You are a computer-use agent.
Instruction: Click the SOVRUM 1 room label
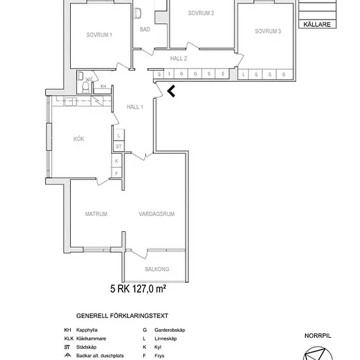tap(99, 35)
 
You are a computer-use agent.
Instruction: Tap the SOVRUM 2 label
tap(201, 13)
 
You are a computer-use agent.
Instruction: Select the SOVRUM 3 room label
tap(268, 31)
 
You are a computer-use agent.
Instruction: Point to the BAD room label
tap(145, 29)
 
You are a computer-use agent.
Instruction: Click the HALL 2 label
tap(179, 58)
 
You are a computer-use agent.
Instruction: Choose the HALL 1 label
tap(135, 107)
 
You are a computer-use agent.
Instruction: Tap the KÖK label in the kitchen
tap(79, 139)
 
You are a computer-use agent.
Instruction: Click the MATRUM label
tap(96, 214)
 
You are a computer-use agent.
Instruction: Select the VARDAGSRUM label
tap(156, 214)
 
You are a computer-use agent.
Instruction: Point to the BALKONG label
tap(157, 269)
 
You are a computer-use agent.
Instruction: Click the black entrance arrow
tap(171, 91)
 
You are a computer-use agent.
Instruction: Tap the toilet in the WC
tap(86, 88)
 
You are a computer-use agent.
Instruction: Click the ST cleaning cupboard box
tap(118, 146)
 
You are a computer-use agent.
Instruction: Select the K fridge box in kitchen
tap(117, 161)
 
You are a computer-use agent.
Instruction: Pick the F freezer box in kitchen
tap(117, 173)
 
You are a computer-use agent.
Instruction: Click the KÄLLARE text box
tap(317, 24)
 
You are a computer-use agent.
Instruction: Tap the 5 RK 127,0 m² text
tap(138, 289)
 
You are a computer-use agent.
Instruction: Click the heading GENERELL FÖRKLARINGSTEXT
tap(122, 316)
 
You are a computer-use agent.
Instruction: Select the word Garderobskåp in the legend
tap(170, 330)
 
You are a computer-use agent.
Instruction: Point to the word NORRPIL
tap(317, 336)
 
